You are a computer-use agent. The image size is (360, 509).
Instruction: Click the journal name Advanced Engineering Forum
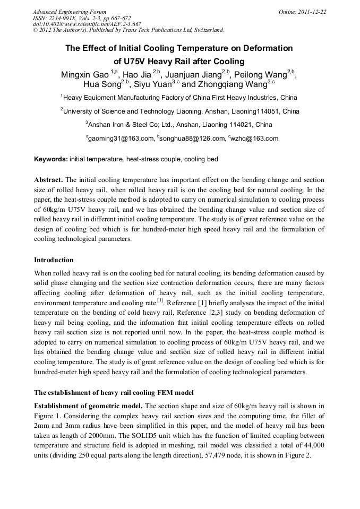(69, 12)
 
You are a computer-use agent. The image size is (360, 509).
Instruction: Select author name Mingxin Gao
(85, 74)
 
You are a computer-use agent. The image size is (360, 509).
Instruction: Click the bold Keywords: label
(51, 159)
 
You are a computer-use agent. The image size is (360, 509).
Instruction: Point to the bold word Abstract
(49, 180)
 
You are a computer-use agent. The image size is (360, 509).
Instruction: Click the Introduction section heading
(54, 260)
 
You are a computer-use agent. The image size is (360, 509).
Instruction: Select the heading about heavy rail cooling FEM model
(114, 393)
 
